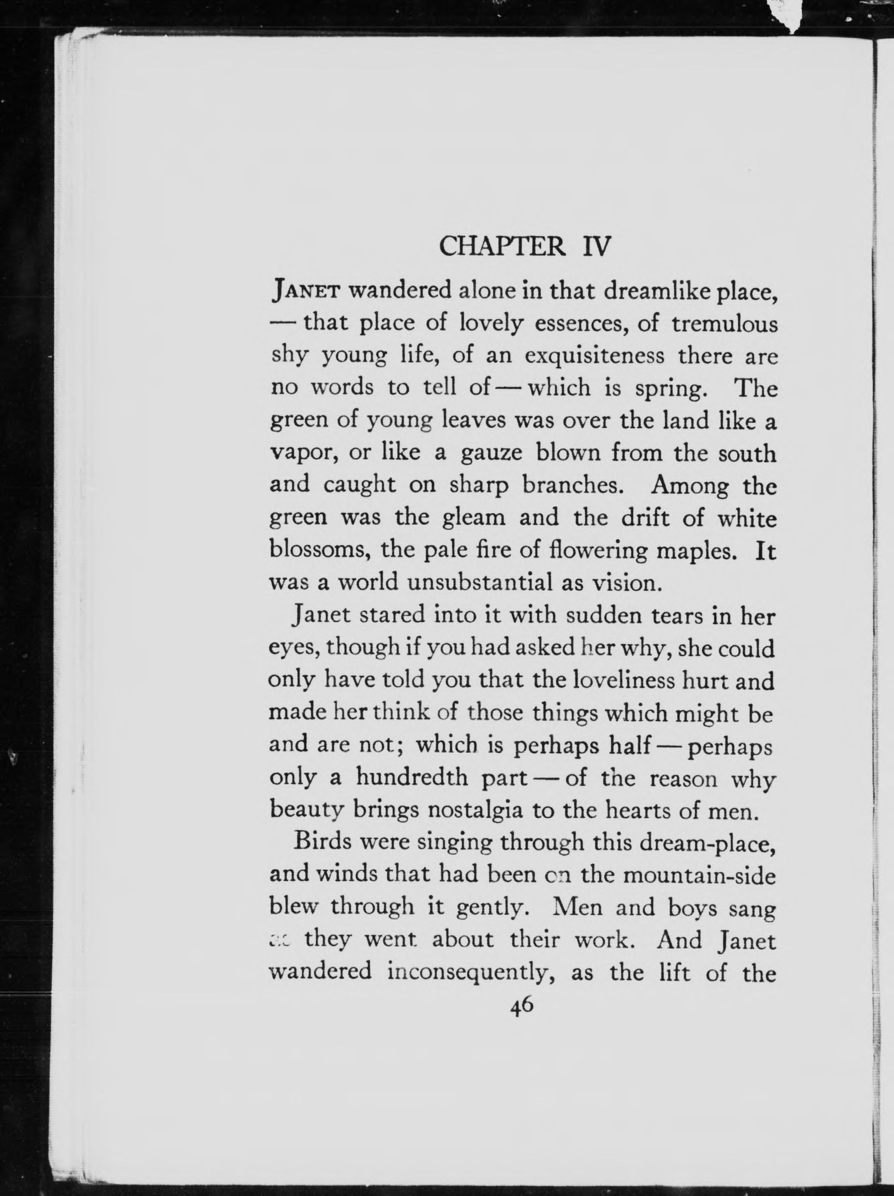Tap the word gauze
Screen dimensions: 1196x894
tap(491, 452)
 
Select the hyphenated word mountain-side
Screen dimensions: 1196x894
tap(699, 875)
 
